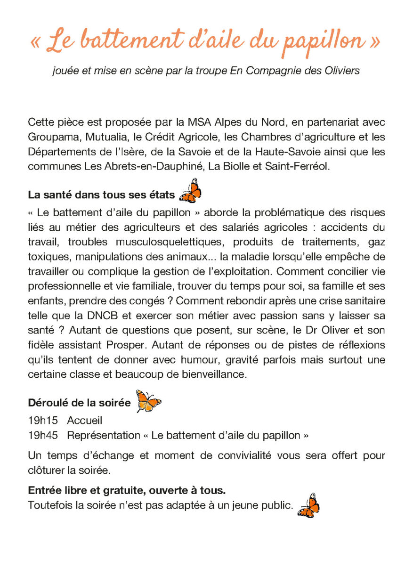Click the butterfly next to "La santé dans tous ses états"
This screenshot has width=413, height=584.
190,191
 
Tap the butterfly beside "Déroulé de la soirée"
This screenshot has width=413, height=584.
148,401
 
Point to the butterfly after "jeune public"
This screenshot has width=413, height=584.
308,506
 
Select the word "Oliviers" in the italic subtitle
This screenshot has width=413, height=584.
343,71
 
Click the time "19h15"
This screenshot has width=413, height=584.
43,421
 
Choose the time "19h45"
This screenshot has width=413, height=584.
43,435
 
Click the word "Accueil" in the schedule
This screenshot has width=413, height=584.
85,421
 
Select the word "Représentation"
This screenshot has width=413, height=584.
104,435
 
